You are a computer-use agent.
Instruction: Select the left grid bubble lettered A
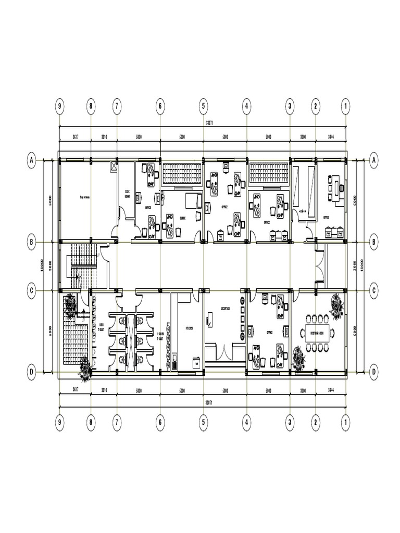pyautogui.click(x=32, y=161)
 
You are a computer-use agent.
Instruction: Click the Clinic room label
pyautogui.click(x=183, y=218)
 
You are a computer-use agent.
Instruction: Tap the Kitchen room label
pyautogui.click(x=189, y=328)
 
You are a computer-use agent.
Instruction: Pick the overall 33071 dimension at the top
pyautogui.click(x=209, y=123)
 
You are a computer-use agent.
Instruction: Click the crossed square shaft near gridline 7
pyautogui.click(x=114, y=167)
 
